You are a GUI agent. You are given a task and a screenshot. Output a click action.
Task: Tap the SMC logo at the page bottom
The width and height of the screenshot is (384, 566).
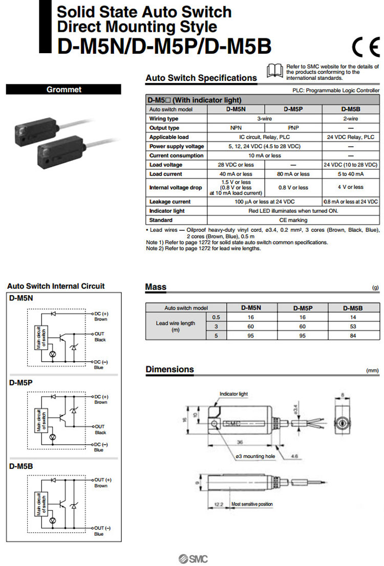click(x=192, y=559)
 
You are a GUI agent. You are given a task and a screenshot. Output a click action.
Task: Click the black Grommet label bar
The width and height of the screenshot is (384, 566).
click(x=63, y=90)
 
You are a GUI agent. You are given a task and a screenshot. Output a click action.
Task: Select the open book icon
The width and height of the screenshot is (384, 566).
click(x=275, y=71)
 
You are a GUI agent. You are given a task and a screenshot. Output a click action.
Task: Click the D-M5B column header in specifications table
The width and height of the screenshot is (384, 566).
click(x=351, y=110)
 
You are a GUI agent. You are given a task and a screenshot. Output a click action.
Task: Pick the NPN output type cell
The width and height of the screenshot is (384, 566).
click(x=236, y=128)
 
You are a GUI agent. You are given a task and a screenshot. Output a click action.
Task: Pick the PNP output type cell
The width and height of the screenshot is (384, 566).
click(x=293, y=128)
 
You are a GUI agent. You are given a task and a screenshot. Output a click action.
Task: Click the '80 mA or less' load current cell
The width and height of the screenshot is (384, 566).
click(x=293, y=174)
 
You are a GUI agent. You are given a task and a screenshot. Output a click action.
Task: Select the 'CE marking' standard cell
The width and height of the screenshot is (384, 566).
click(x=293, y=220)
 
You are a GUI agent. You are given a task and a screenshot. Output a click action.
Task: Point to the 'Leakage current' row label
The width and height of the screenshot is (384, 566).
click(x=170, y=202)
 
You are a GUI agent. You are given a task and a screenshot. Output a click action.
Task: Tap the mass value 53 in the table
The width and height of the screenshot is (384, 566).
click(x=350, y=326)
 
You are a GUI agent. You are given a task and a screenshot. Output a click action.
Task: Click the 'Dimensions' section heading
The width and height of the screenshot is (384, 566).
click(x=169, y=369)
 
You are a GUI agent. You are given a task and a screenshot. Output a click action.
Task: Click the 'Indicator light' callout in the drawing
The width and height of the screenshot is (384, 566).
click(x=233, y=394)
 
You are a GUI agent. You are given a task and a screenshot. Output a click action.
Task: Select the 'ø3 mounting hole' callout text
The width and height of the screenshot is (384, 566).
click(x=256, y=455)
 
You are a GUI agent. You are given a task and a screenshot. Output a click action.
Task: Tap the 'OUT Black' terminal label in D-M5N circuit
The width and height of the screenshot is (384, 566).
click(x=100, y=336)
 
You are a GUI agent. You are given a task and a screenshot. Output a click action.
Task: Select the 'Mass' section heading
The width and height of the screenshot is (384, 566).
click(x=156, y=287)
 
